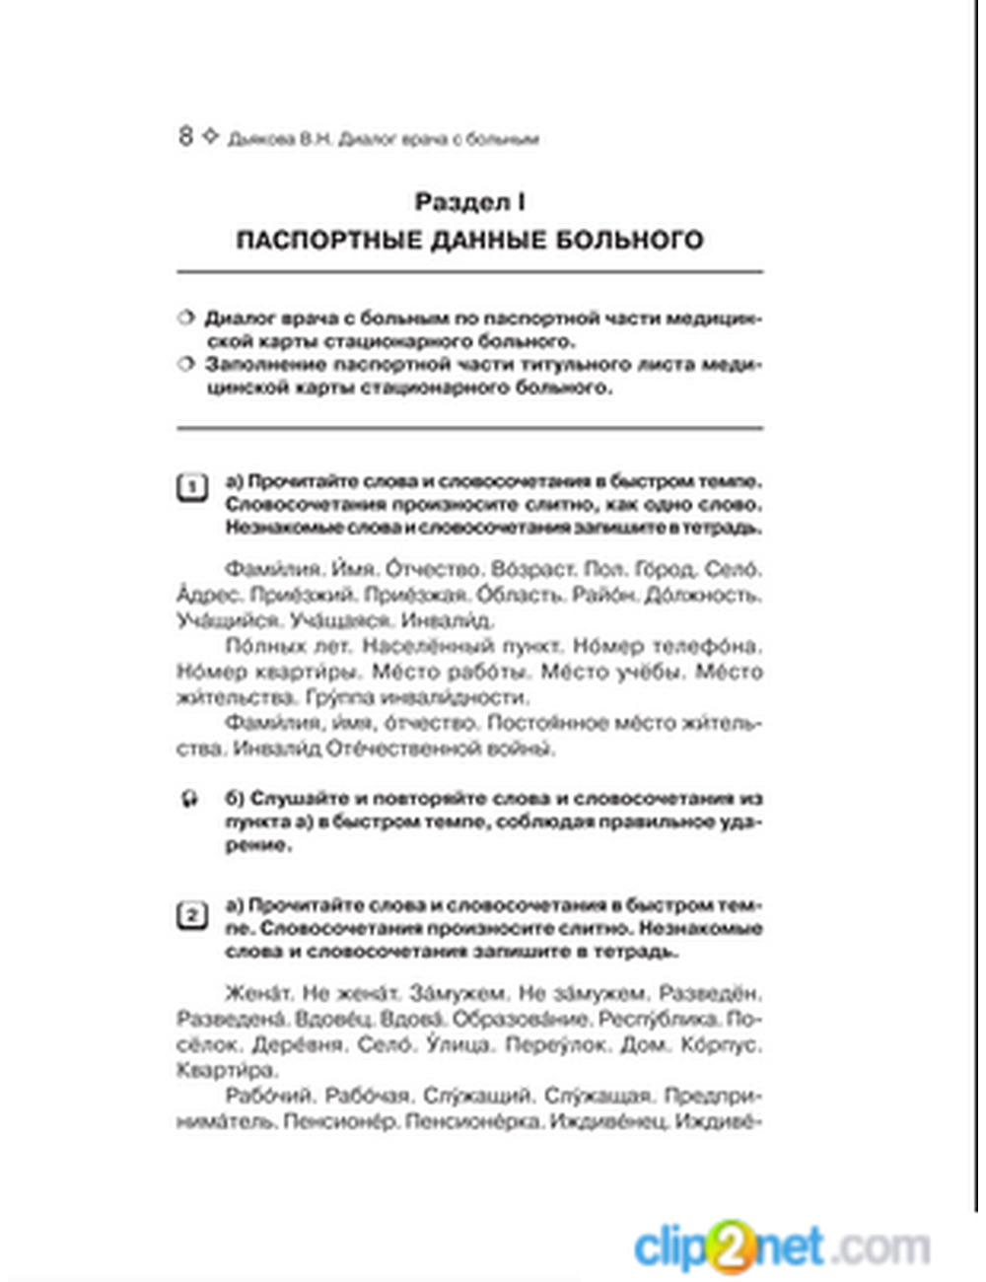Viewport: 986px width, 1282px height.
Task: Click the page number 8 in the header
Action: [185, 136]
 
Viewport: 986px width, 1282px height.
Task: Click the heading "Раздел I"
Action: [469, 202]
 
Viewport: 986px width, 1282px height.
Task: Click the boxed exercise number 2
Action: [191, 916]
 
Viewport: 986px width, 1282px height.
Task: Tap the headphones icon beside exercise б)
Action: [189, 799]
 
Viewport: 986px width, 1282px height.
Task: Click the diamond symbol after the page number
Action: [209, 136]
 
